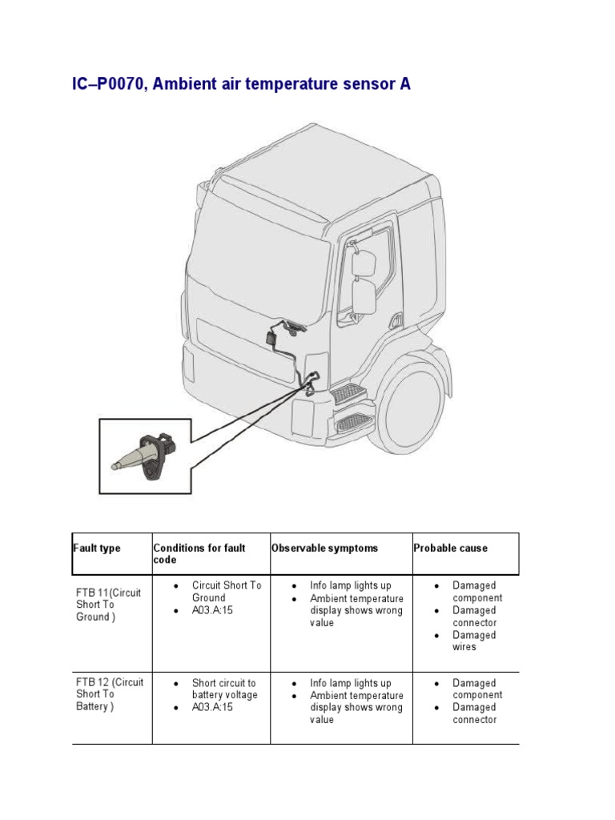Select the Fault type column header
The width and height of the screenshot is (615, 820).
[x=97, y=548]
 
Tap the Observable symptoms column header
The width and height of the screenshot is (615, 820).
[x=324, y=548]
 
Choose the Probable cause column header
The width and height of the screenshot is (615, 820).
[x=450, y=548]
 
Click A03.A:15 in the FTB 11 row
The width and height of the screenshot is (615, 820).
[x=212, y=610]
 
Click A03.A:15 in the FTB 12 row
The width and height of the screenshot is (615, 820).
[x=212, y=708]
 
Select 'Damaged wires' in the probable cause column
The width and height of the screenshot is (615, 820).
[x=474, y=641]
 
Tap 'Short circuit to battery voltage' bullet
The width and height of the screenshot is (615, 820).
[x=224, y=689]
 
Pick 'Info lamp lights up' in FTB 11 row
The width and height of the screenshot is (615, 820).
[x=351, y=585]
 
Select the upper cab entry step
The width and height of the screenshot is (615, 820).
[x=349, y=393]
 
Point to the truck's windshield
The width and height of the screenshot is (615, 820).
[x=260, y=260]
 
